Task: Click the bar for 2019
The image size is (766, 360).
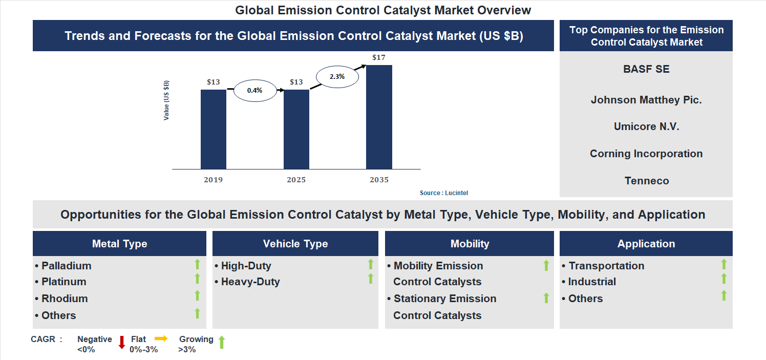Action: tap(213, 129)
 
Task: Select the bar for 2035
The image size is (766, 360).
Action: tap(379, 117)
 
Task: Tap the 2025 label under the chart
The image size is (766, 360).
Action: tap(296, 180)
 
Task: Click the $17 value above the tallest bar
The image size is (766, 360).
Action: tap(378, 57)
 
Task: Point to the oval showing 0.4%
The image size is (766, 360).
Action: tap(254, 90)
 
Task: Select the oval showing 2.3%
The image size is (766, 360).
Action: tap(337, 76)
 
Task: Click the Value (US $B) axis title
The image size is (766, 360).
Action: tap(166, 100)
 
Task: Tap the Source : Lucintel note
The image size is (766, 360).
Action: tap(443, 193)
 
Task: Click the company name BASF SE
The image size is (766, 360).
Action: tap(646, 69)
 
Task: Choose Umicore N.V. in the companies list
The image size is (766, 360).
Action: tap(646, 126)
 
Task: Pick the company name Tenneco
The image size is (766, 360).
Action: tap(646, 181)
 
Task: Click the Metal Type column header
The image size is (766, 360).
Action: tap(119, 244)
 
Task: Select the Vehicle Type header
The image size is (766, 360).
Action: tap(295, 244)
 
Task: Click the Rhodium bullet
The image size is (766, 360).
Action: tap(64, 299)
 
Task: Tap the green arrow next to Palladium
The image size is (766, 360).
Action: tap(197, 265)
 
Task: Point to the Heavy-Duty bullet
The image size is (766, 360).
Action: tap(250, 282)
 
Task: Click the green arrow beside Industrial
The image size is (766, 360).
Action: tap(724, 279)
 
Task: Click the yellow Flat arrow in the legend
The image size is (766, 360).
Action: tap(161, 338)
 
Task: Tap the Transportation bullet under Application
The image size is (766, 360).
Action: tap(606, 266)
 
